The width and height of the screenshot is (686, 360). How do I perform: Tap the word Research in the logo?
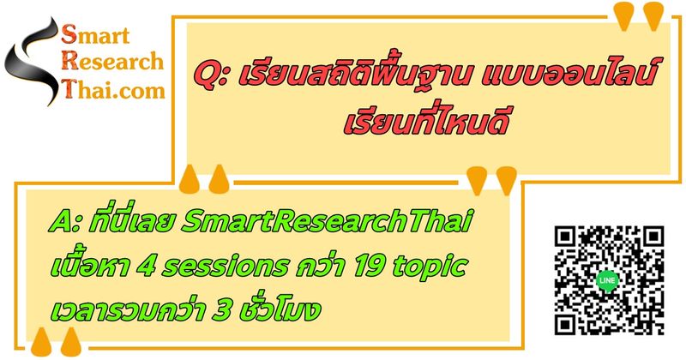116,62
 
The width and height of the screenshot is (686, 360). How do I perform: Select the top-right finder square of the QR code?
649,241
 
